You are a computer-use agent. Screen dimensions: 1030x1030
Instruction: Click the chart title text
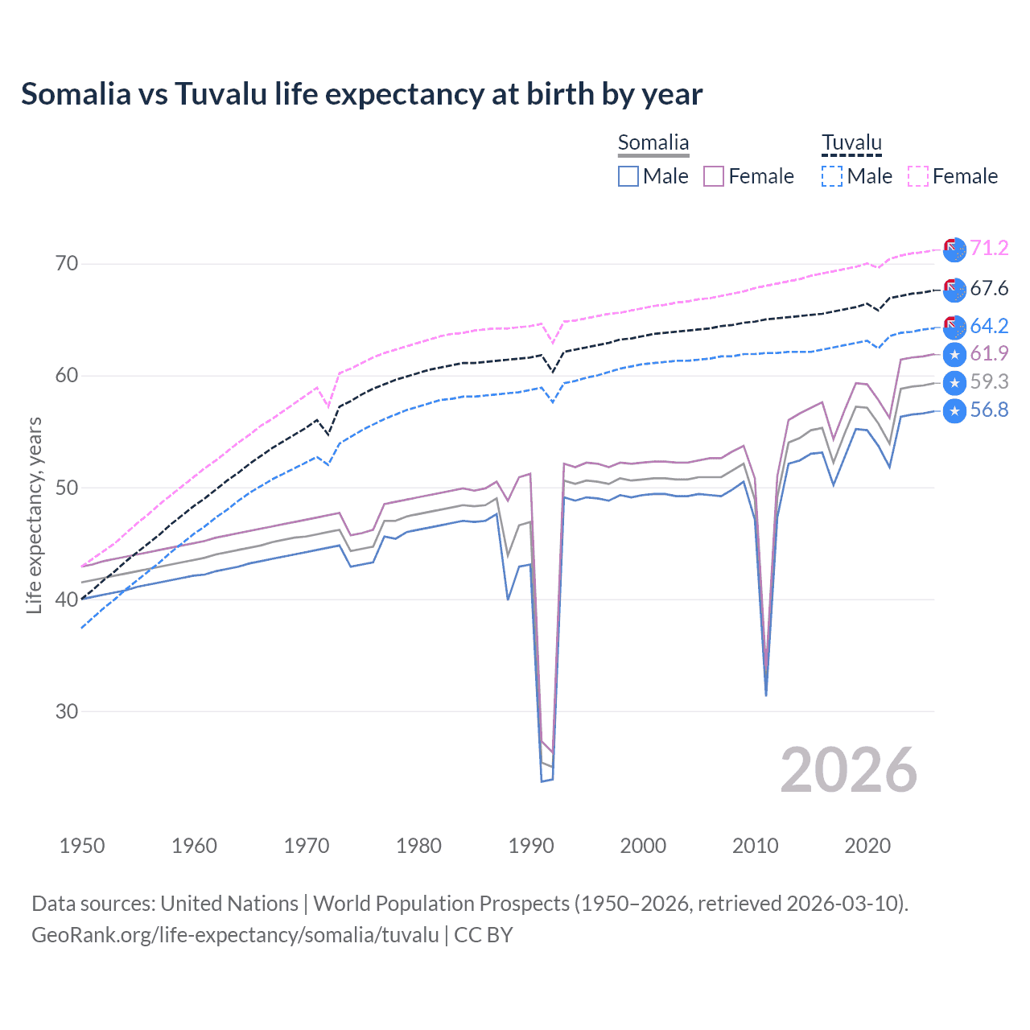click(x=361, y=94)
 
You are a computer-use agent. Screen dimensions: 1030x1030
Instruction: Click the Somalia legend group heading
click(x=653, y=143)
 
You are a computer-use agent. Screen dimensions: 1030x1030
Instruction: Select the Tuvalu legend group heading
click(x=851, y=143)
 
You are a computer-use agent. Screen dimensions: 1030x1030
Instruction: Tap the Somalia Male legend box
click(x=628, y=176)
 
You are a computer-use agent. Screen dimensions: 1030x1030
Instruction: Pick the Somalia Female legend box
click(x=714, y=176)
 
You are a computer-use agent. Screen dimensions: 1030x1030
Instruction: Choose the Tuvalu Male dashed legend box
click(x=832, y=176)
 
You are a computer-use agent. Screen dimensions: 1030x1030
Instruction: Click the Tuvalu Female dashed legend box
click(x=918, y=176)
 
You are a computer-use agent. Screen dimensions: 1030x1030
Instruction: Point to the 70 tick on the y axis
click(x=67, y=264)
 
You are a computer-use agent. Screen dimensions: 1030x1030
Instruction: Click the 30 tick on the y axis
click(x=67, y=711)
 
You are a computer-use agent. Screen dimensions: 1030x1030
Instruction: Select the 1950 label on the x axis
click(x=82, y=846)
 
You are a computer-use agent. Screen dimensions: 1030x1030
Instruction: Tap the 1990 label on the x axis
click(x=531, y=846)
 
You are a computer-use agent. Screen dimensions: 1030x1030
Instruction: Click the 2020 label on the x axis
click(x=867, y=846)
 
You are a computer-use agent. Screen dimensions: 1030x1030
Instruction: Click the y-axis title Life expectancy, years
click(x=34, y=515)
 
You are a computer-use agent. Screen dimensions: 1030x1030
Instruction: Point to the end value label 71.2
click(x=989, y=248)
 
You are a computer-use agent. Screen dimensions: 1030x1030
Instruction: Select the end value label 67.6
click(x=989, y=288)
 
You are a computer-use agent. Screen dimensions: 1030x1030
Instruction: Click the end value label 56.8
click(x=989, y=410)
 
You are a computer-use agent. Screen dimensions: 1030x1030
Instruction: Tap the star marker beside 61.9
click(x=954, y=354)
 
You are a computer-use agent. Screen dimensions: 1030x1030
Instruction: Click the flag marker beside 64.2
click(x=954, y=327)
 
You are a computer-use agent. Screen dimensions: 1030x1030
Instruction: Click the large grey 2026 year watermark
click(x=848, y=770)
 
